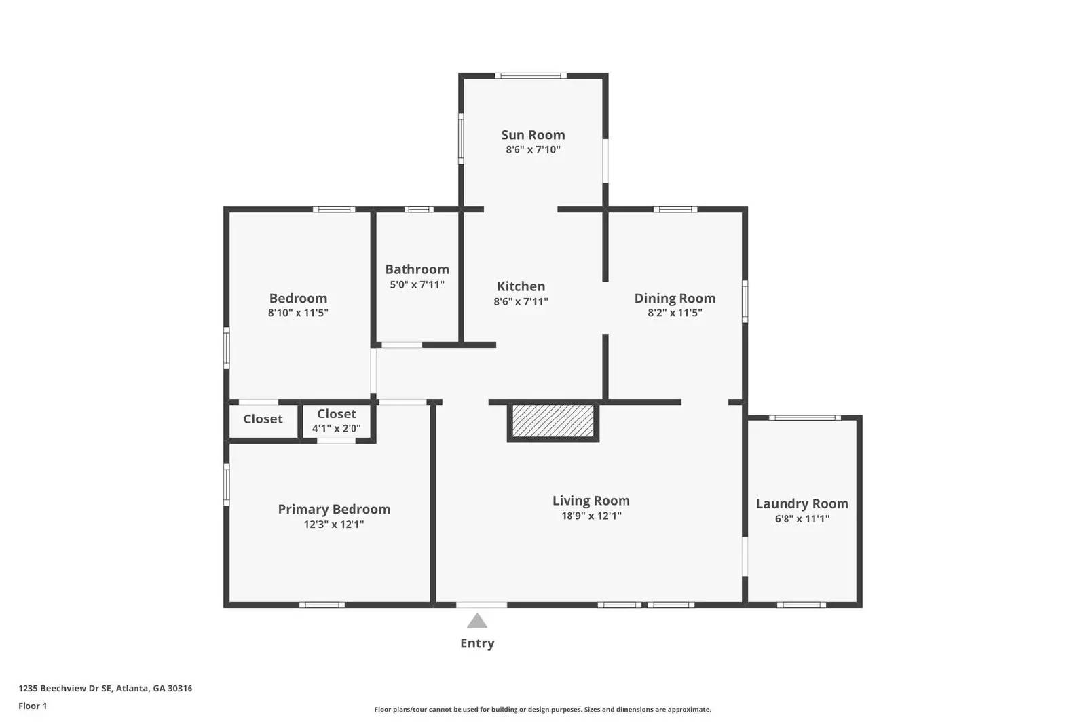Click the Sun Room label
click(533, 135)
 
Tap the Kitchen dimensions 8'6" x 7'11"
click(521, 301)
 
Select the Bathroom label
click(417, 269)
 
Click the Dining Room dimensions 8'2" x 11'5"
click(674, 313)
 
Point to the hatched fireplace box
click(553, 421)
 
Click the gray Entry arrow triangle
click(477, 621)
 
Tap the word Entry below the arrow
click(477, 643)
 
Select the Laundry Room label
click(802, 503)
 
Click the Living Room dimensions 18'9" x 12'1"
click(591, 516)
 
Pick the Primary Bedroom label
click(334, 509)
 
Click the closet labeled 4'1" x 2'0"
click(337, 421)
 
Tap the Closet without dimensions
click(263, 419)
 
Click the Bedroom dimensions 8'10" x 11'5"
click(298, 313)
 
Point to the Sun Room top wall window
click(530, 76)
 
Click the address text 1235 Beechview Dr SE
click(105, 688)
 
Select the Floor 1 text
click(33, 706)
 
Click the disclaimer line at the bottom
click(542, 710)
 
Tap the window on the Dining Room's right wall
click(745, 301)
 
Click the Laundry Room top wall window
click(804, 418)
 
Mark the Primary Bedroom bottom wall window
click(322, 605)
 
